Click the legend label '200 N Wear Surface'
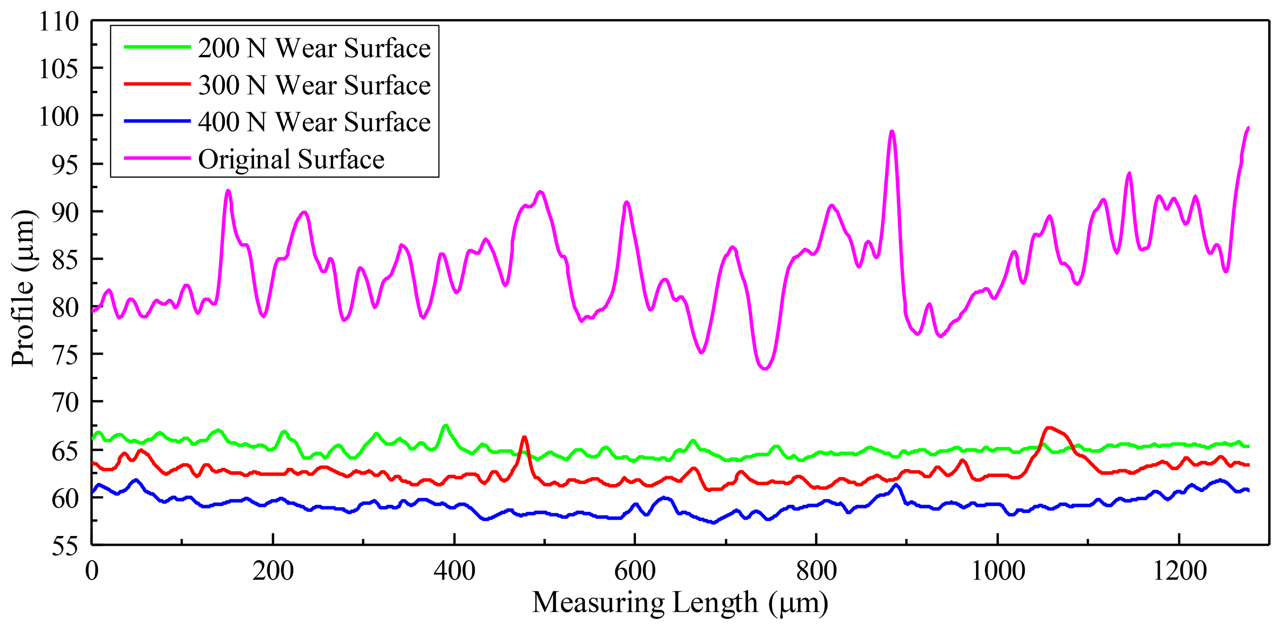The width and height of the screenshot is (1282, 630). coord(314,48)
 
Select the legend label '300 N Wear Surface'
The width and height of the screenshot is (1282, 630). coord(314,85)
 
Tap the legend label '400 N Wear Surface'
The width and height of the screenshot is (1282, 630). coord(314,122)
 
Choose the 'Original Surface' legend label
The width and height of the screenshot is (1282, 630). coord(291,159)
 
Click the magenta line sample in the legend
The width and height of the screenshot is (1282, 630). coord(157,158)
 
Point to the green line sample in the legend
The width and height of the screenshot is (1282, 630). coord(157,47)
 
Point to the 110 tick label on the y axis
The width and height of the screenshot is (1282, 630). coord(59,22)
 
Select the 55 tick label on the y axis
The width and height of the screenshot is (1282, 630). coord(65,546)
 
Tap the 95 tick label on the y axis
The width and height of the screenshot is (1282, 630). coord(65,164)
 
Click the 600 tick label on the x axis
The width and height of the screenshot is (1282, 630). coord(634,571)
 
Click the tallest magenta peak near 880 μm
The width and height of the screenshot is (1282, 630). coord(892,132)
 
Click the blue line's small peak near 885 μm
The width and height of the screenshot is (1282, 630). coord(896,484)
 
